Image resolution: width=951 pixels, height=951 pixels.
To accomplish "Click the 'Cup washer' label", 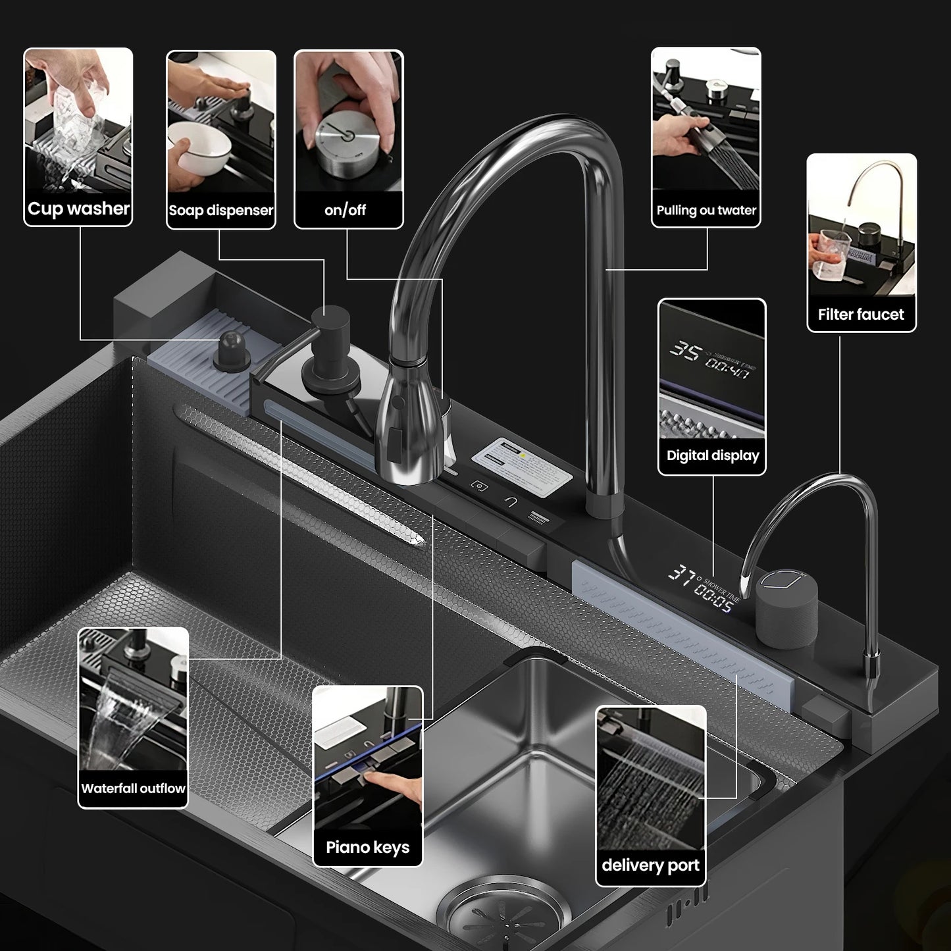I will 78,209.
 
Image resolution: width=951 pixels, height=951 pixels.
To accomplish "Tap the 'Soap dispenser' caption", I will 220,211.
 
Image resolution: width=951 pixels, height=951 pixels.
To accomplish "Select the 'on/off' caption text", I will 345,211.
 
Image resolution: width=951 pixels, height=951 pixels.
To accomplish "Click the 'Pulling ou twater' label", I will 706,211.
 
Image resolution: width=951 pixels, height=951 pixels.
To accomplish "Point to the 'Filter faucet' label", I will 861,315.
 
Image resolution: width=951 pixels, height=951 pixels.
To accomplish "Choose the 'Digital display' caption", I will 712,455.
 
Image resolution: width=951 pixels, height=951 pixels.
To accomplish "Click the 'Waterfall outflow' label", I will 133,788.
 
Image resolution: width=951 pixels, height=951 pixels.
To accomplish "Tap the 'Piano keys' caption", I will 367,847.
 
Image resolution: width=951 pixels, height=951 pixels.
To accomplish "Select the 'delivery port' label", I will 650,865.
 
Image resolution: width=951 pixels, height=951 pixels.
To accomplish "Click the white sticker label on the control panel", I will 523,461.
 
